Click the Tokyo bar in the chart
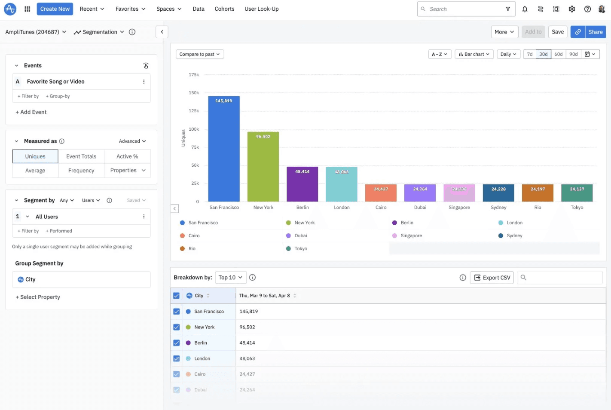(577, 193)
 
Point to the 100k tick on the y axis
(194, 129)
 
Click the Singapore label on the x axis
(459, 208)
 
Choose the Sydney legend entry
(514, 236)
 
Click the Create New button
(55, 9)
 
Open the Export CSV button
(492, 278)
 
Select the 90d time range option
(573, 54)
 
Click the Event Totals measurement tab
(81, 156)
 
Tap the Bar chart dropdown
(474, 54)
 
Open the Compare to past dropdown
(199, 54)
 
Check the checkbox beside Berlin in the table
(176, 343)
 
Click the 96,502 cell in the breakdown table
(247, 327)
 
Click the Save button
(557, 32)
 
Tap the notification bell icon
(525, 9)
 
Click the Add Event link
(31, 112)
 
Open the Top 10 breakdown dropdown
(230, 278)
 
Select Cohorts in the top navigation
(224, 9)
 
